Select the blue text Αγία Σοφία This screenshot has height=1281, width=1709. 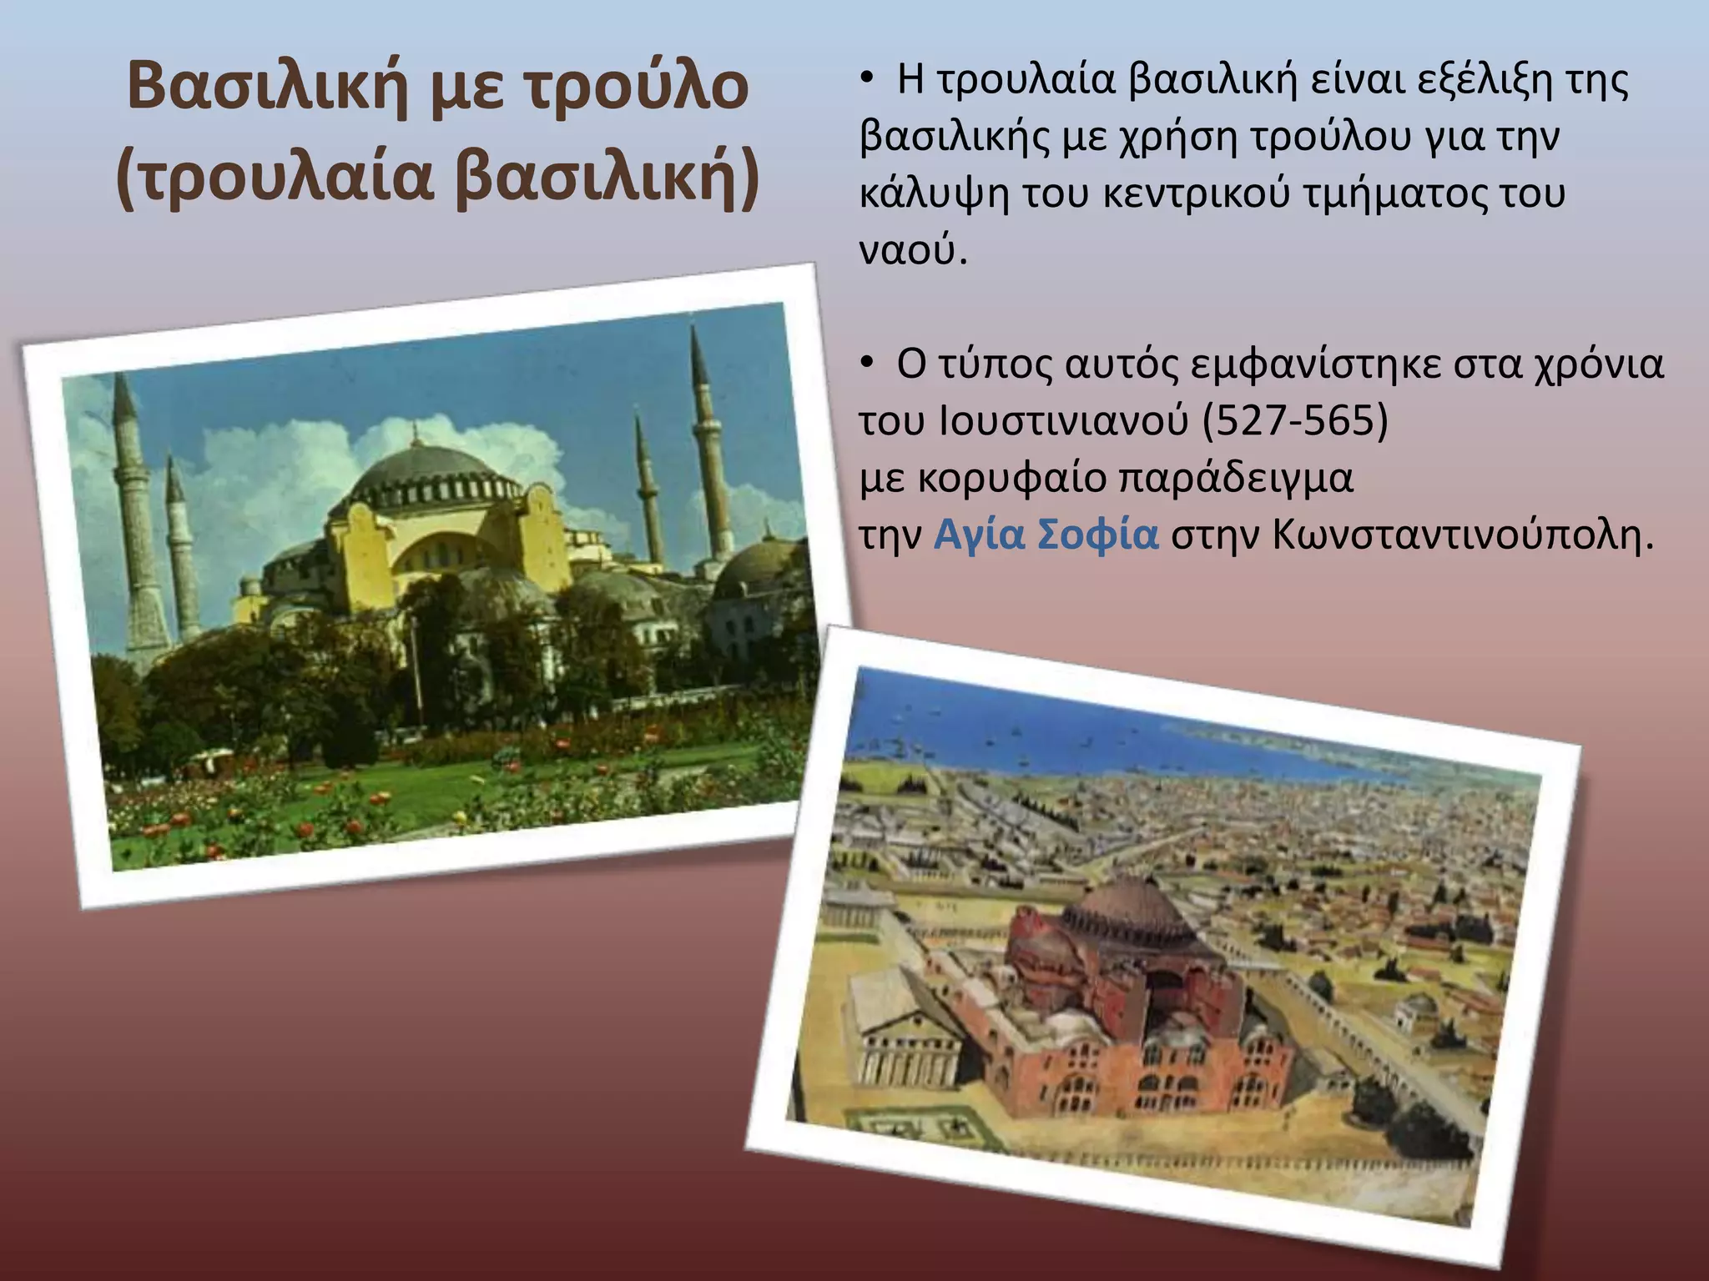[x=1046, y=535]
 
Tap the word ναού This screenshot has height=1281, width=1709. [x=913, y=250]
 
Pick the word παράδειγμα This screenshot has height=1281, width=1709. [x=1235, y=478]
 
